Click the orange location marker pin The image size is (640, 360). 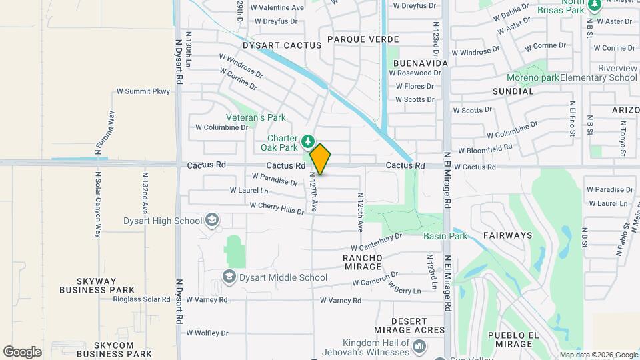320,159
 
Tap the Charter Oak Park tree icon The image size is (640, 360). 307,141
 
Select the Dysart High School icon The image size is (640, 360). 212,221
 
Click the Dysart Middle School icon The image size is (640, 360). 229,277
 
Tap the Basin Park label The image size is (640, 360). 445,235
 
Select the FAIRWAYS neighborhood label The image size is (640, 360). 507,235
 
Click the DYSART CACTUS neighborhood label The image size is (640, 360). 282,46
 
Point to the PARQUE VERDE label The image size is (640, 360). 356,39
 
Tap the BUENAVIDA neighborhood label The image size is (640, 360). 420,63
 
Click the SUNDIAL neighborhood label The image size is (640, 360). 513,91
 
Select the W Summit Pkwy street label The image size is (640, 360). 143,91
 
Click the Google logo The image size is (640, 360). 22,352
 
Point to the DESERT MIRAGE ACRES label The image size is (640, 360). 418,325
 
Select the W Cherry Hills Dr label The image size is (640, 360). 277,207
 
